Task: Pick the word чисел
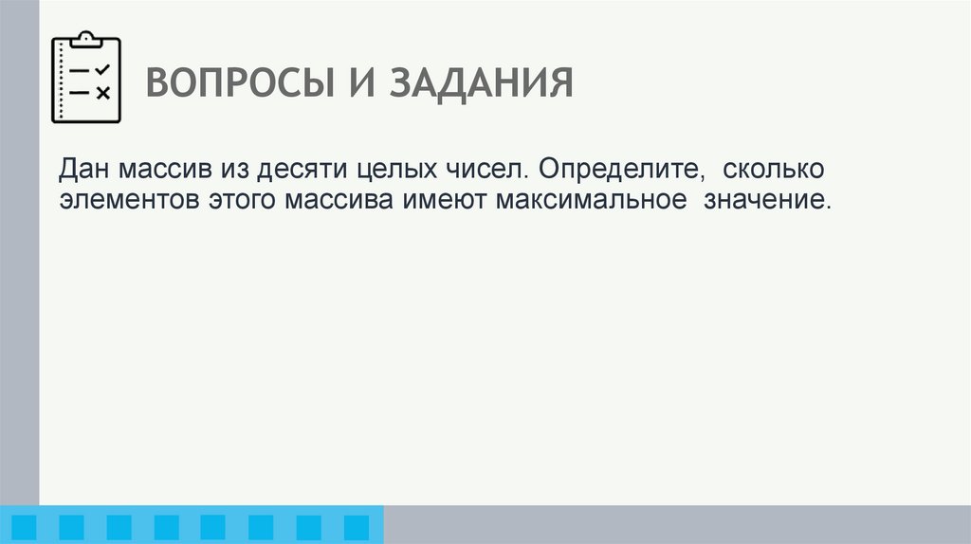tap(480, 171)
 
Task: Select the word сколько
tap(773, 171)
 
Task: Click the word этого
tap(242, 202)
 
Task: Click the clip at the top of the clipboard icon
tap(86, 39)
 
